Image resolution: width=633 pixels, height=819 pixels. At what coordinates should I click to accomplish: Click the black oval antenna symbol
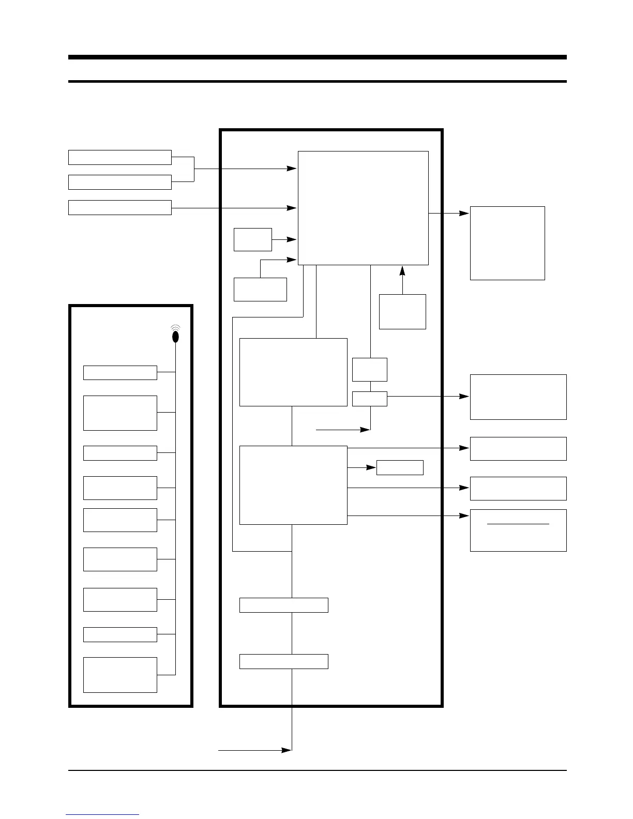click(175, 336)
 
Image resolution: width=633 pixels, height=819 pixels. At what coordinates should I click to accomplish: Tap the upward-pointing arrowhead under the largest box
click(402, 270)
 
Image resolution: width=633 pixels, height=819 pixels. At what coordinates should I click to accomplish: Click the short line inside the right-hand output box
click(518, 524)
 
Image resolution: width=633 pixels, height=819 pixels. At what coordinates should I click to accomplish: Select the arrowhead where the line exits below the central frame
click(286, 750)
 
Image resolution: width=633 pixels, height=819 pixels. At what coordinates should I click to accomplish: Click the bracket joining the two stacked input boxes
click(194, 169)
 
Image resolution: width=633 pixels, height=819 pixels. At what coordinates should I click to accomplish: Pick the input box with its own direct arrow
click(120, 207)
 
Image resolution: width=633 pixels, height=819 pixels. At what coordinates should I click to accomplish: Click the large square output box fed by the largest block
click(507, 243)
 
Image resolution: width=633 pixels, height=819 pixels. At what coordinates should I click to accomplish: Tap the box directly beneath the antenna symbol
click(120, 373)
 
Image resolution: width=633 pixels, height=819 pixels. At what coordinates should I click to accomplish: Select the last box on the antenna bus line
click(120, 675)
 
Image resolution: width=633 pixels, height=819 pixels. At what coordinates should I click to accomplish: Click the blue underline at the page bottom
click(102, 815)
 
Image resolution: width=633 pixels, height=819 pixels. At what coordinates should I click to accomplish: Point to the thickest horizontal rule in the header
click(317, 57)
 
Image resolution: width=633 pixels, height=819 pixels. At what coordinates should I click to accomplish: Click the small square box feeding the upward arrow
click(402, 312)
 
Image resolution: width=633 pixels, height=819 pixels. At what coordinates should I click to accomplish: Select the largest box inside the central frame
click(363, 208)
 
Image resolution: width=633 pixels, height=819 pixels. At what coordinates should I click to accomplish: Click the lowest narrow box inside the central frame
click(283, 661)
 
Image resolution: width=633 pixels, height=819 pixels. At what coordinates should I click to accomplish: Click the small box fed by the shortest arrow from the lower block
click(400, 467)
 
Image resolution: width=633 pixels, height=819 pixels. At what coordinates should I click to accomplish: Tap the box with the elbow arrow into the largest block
click(260, 290)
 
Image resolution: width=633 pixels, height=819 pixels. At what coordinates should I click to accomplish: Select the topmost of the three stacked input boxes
click(120, 157)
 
